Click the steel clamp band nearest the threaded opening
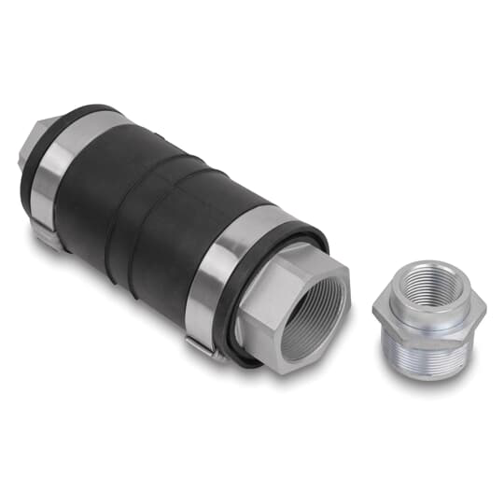pos(222,280)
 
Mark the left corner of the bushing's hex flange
pos(374,309)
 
